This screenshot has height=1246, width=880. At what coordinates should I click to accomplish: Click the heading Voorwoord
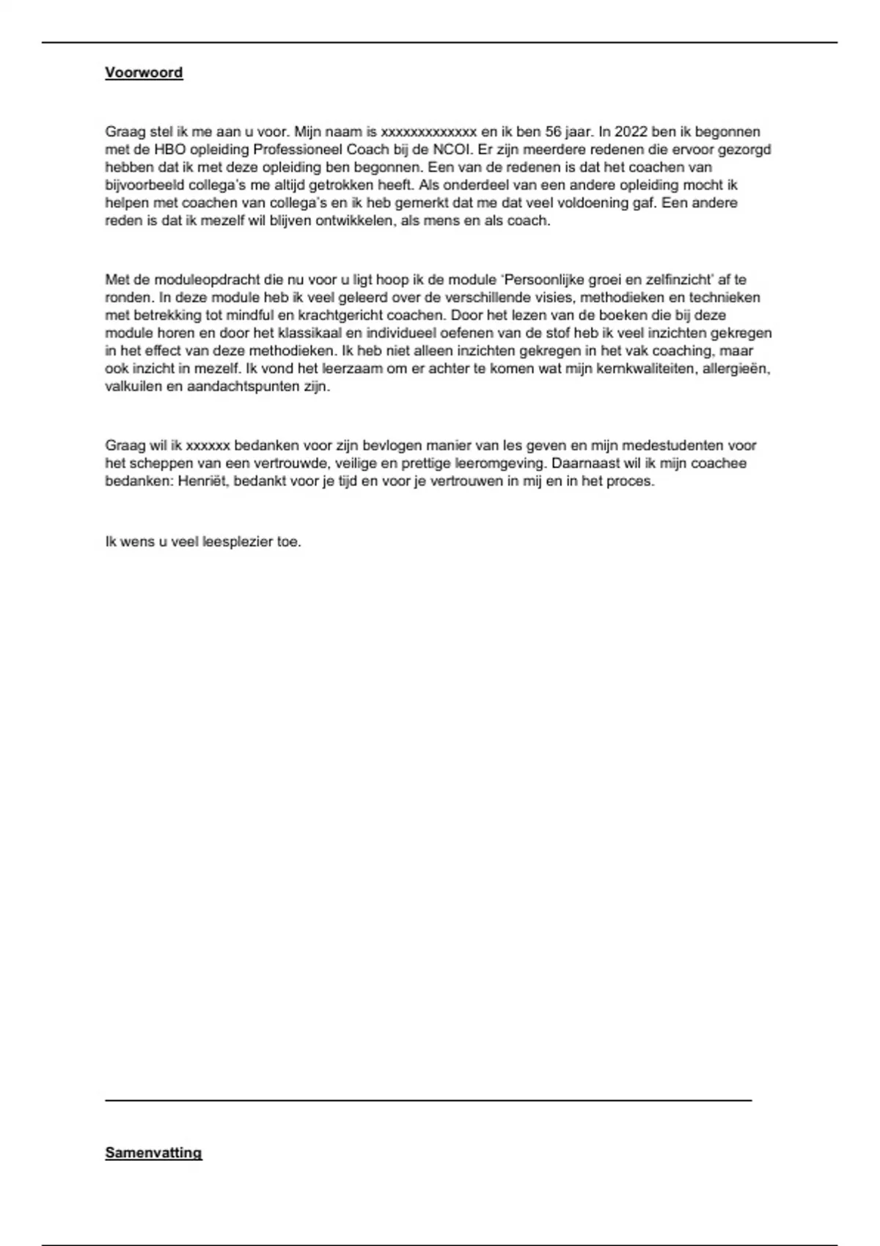[144, 73]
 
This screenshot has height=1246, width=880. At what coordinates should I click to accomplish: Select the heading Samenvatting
[153, 1153]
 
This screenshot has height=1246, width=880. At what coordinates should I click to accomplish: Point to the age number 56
[553, 132]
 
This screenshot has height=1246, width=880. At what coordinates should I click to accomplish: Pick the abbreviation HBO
[169, 150]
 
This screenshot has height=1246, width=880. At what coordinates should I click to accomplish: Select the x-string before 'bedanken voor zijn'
[208, 446]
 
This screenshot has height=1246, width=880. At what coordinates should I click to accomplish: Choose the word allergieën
[736, 369]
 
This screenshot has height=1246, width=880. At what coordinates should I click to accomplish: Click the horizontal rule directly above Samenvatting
[428, 1100]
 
